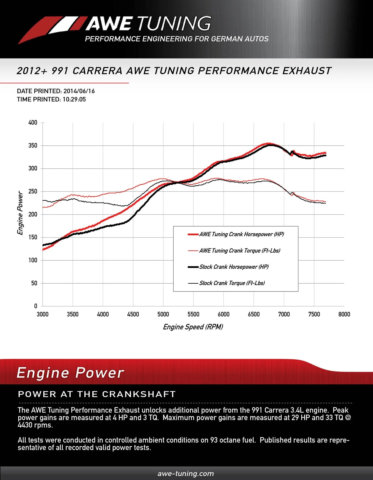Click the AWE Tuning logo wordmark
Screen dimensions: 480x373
[148, 24]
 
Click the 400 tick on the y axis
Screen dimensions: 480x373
[33, 122]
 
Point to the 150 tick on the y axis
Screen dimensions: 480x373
[33, 237]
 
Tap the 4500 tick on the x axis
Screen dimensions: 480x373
[133, 314]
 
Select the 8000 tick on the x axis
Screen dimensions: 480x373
[344, 314]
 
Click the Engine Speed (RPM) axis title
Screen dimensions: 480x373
[193, 327]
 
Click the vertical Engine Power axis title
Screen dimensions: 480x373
[20, 213]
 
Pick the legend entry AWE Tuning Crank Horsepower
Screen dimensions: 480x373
[241, 234]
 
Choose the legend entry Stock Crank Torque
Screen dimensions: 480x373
[232, 283]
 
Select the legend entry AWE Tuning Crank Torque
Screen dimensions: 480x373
[240, 250]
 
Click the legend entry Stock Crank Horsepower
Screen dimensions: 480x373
[234, 267]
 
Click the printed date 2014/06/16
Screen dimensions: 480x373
[79, 91]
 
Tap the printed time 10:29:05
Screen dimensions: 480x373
[74, 99]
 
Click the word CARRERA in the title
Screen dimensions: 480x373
[97, 71]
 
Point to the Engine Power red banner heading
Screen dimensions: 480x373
[70, 373]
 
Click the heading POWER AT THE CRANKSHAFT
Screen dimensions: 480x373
[97, 394]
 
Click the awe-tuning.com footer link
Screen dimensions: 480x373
[186, 474]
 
